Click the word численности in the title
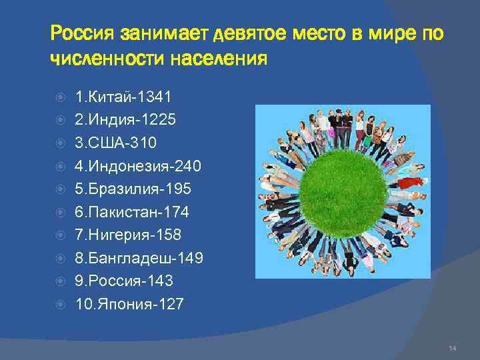tap(107, 60)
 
